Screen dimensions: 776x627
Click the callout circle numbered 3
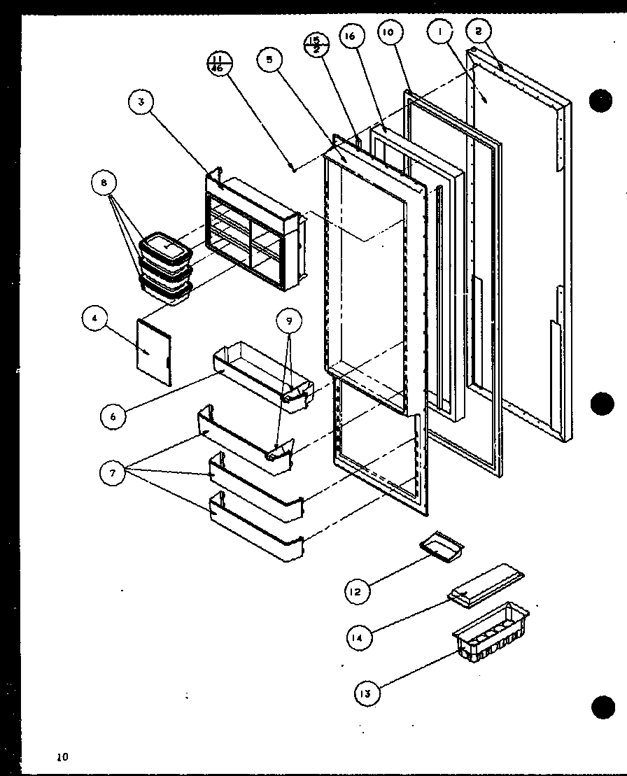click(x=141, y=102)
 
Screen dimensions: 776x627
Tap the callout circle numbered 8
click(x=104, y=184)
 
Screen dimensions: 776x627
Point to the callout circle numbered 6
click(x=113, y=416)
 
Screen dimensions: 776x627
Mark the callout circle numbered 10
click(x=390, y=32)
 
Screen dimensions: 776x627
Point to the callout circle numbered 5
click(x=269, y=60)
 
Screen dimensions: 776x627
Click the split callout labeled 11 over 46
click(x=219, y=63)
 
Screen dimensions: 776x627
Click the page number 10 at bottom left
click(x=64, y=756)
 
